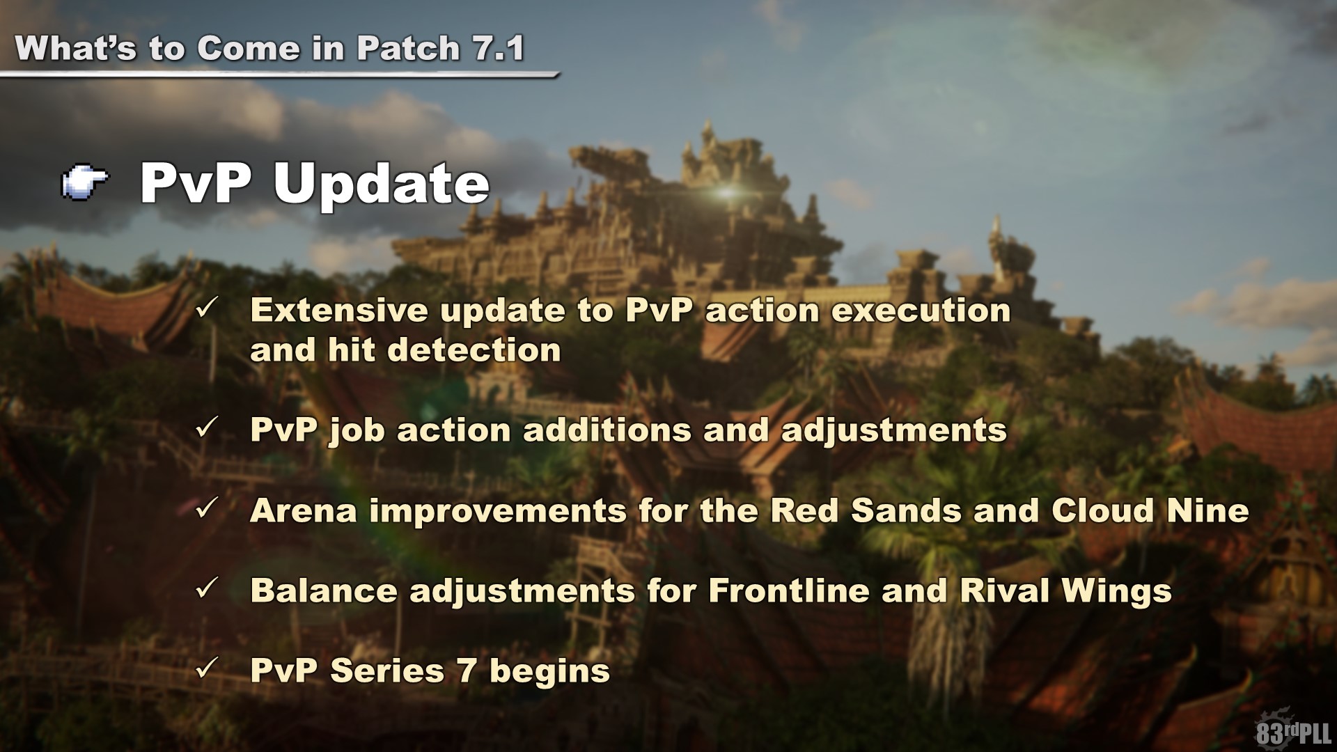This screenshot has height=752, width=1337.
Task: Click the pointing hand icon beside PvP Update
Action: click(85, 182)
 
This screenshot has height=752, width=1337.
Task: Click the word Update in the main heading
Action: click(382, 184)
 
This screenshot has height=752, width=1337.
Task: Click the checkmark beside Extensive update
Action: click(208, 307)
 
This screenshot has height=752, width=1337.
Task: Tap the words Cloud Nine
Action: click(1150, 511)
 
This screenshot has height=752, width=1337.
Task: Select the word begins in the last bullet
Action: click(549, 673)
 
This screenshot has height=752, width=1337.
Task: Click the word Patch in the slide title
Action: click(408, 48)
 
